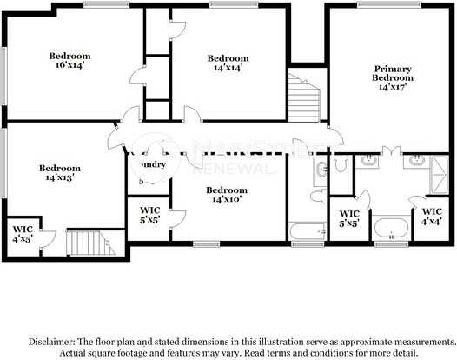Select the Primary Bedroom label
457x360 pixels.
[393, 77]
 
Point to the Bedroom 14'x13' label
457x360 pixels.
[60, 172]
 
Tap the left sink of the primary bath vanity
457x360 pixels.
[371, 160]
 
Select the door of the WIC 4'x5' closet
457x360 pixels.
[49, 237]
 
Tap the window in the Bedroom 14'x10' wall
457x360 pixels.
[206, 243]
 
